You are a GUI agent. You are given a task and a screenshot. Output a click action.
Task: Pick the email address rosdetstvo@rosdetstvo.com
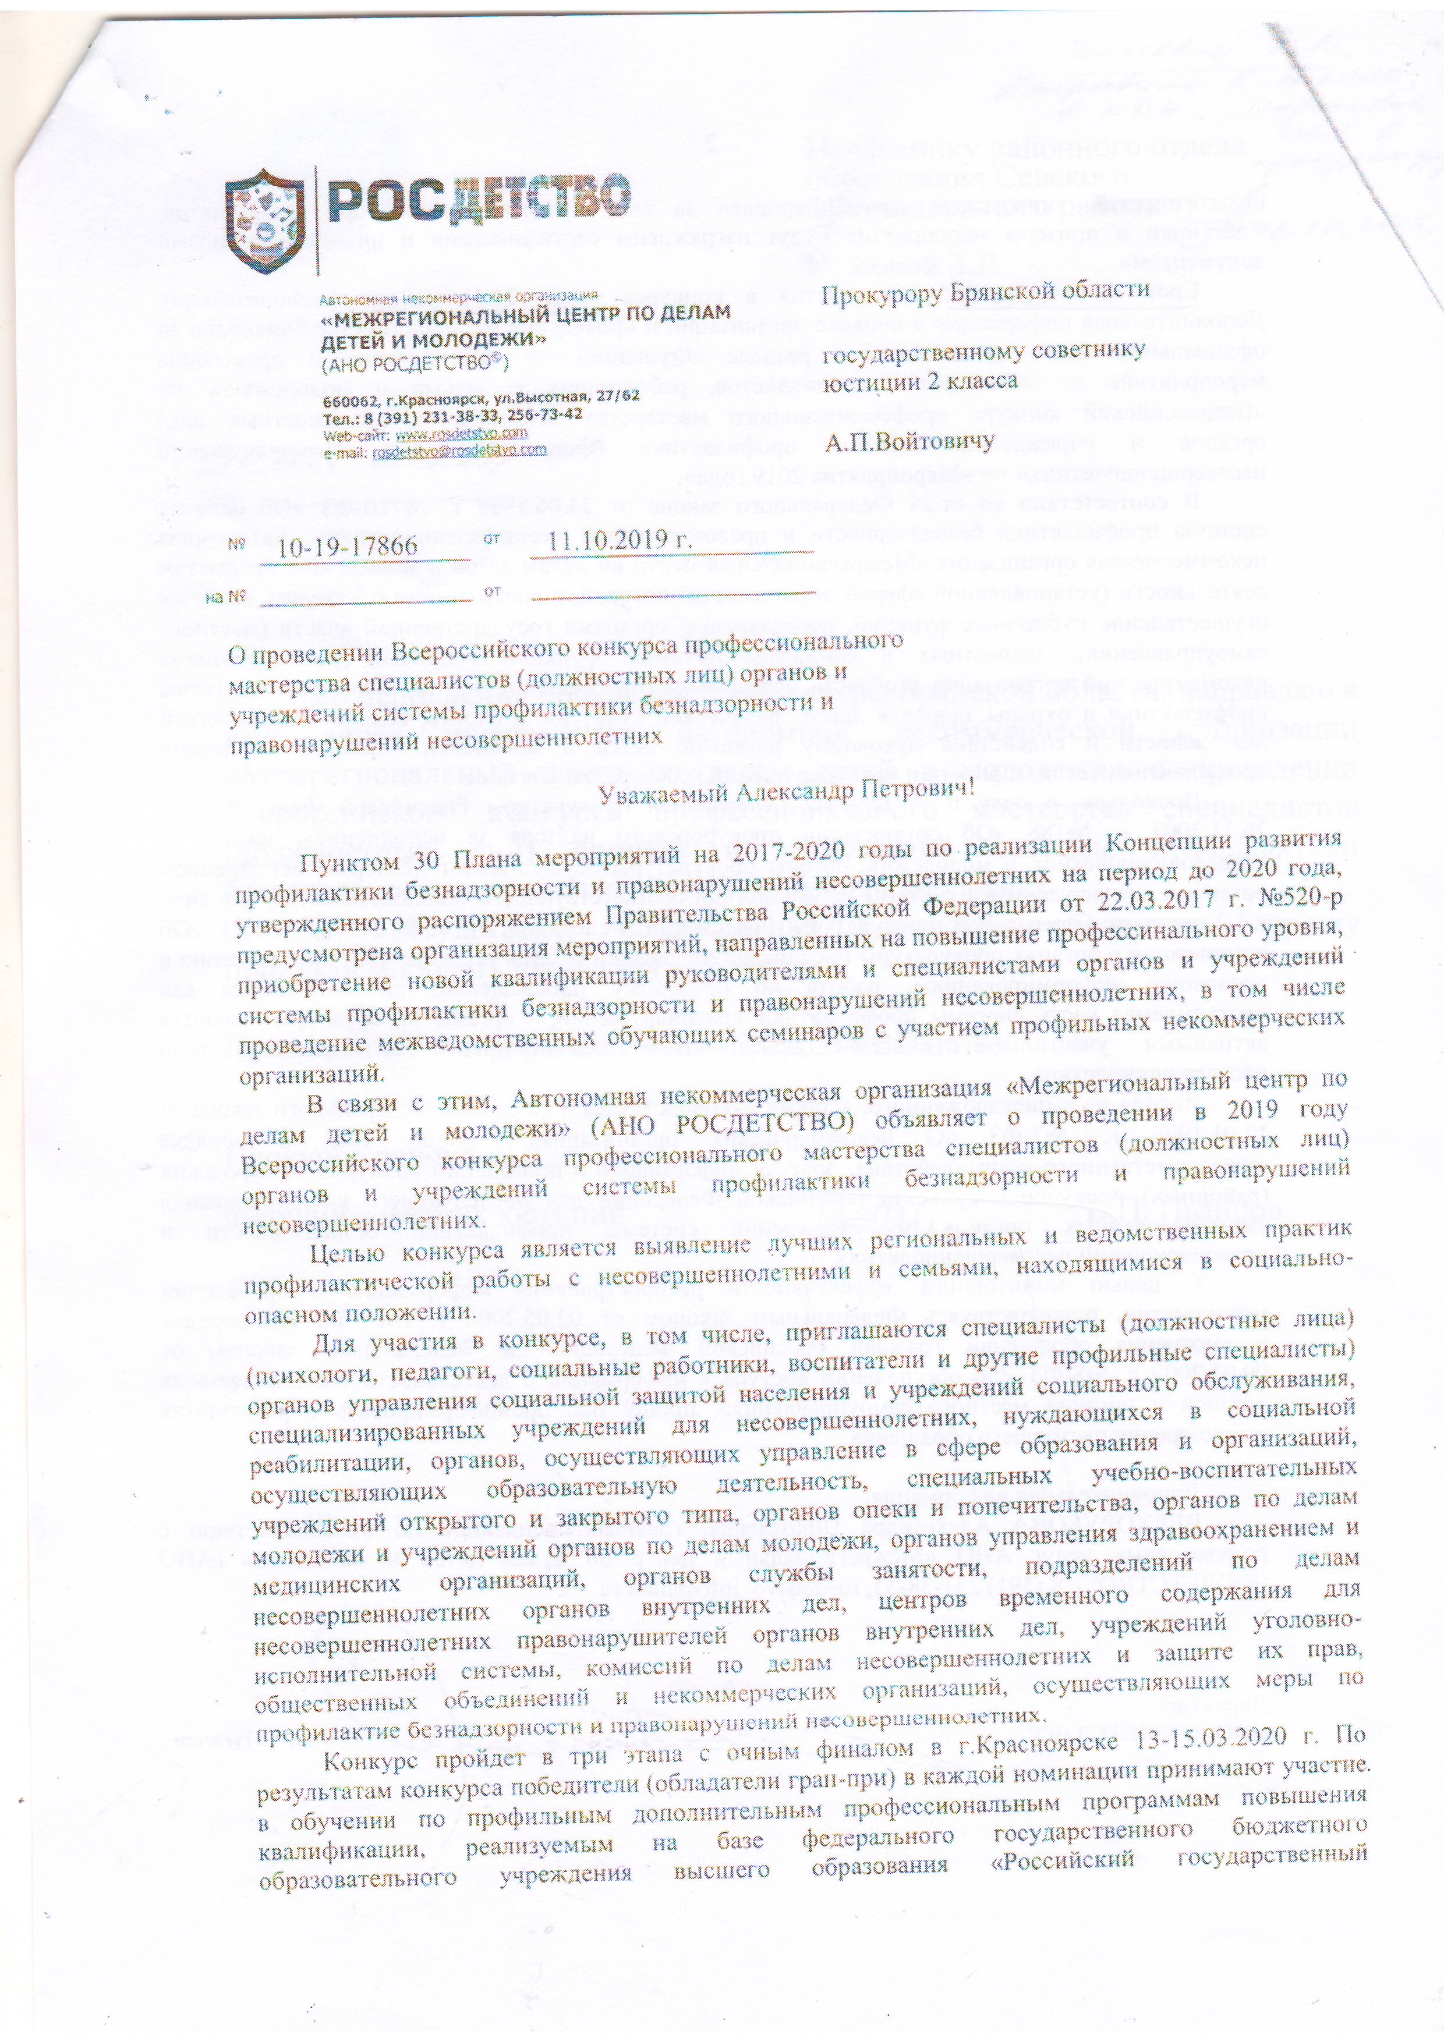[x=459, y=450]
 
